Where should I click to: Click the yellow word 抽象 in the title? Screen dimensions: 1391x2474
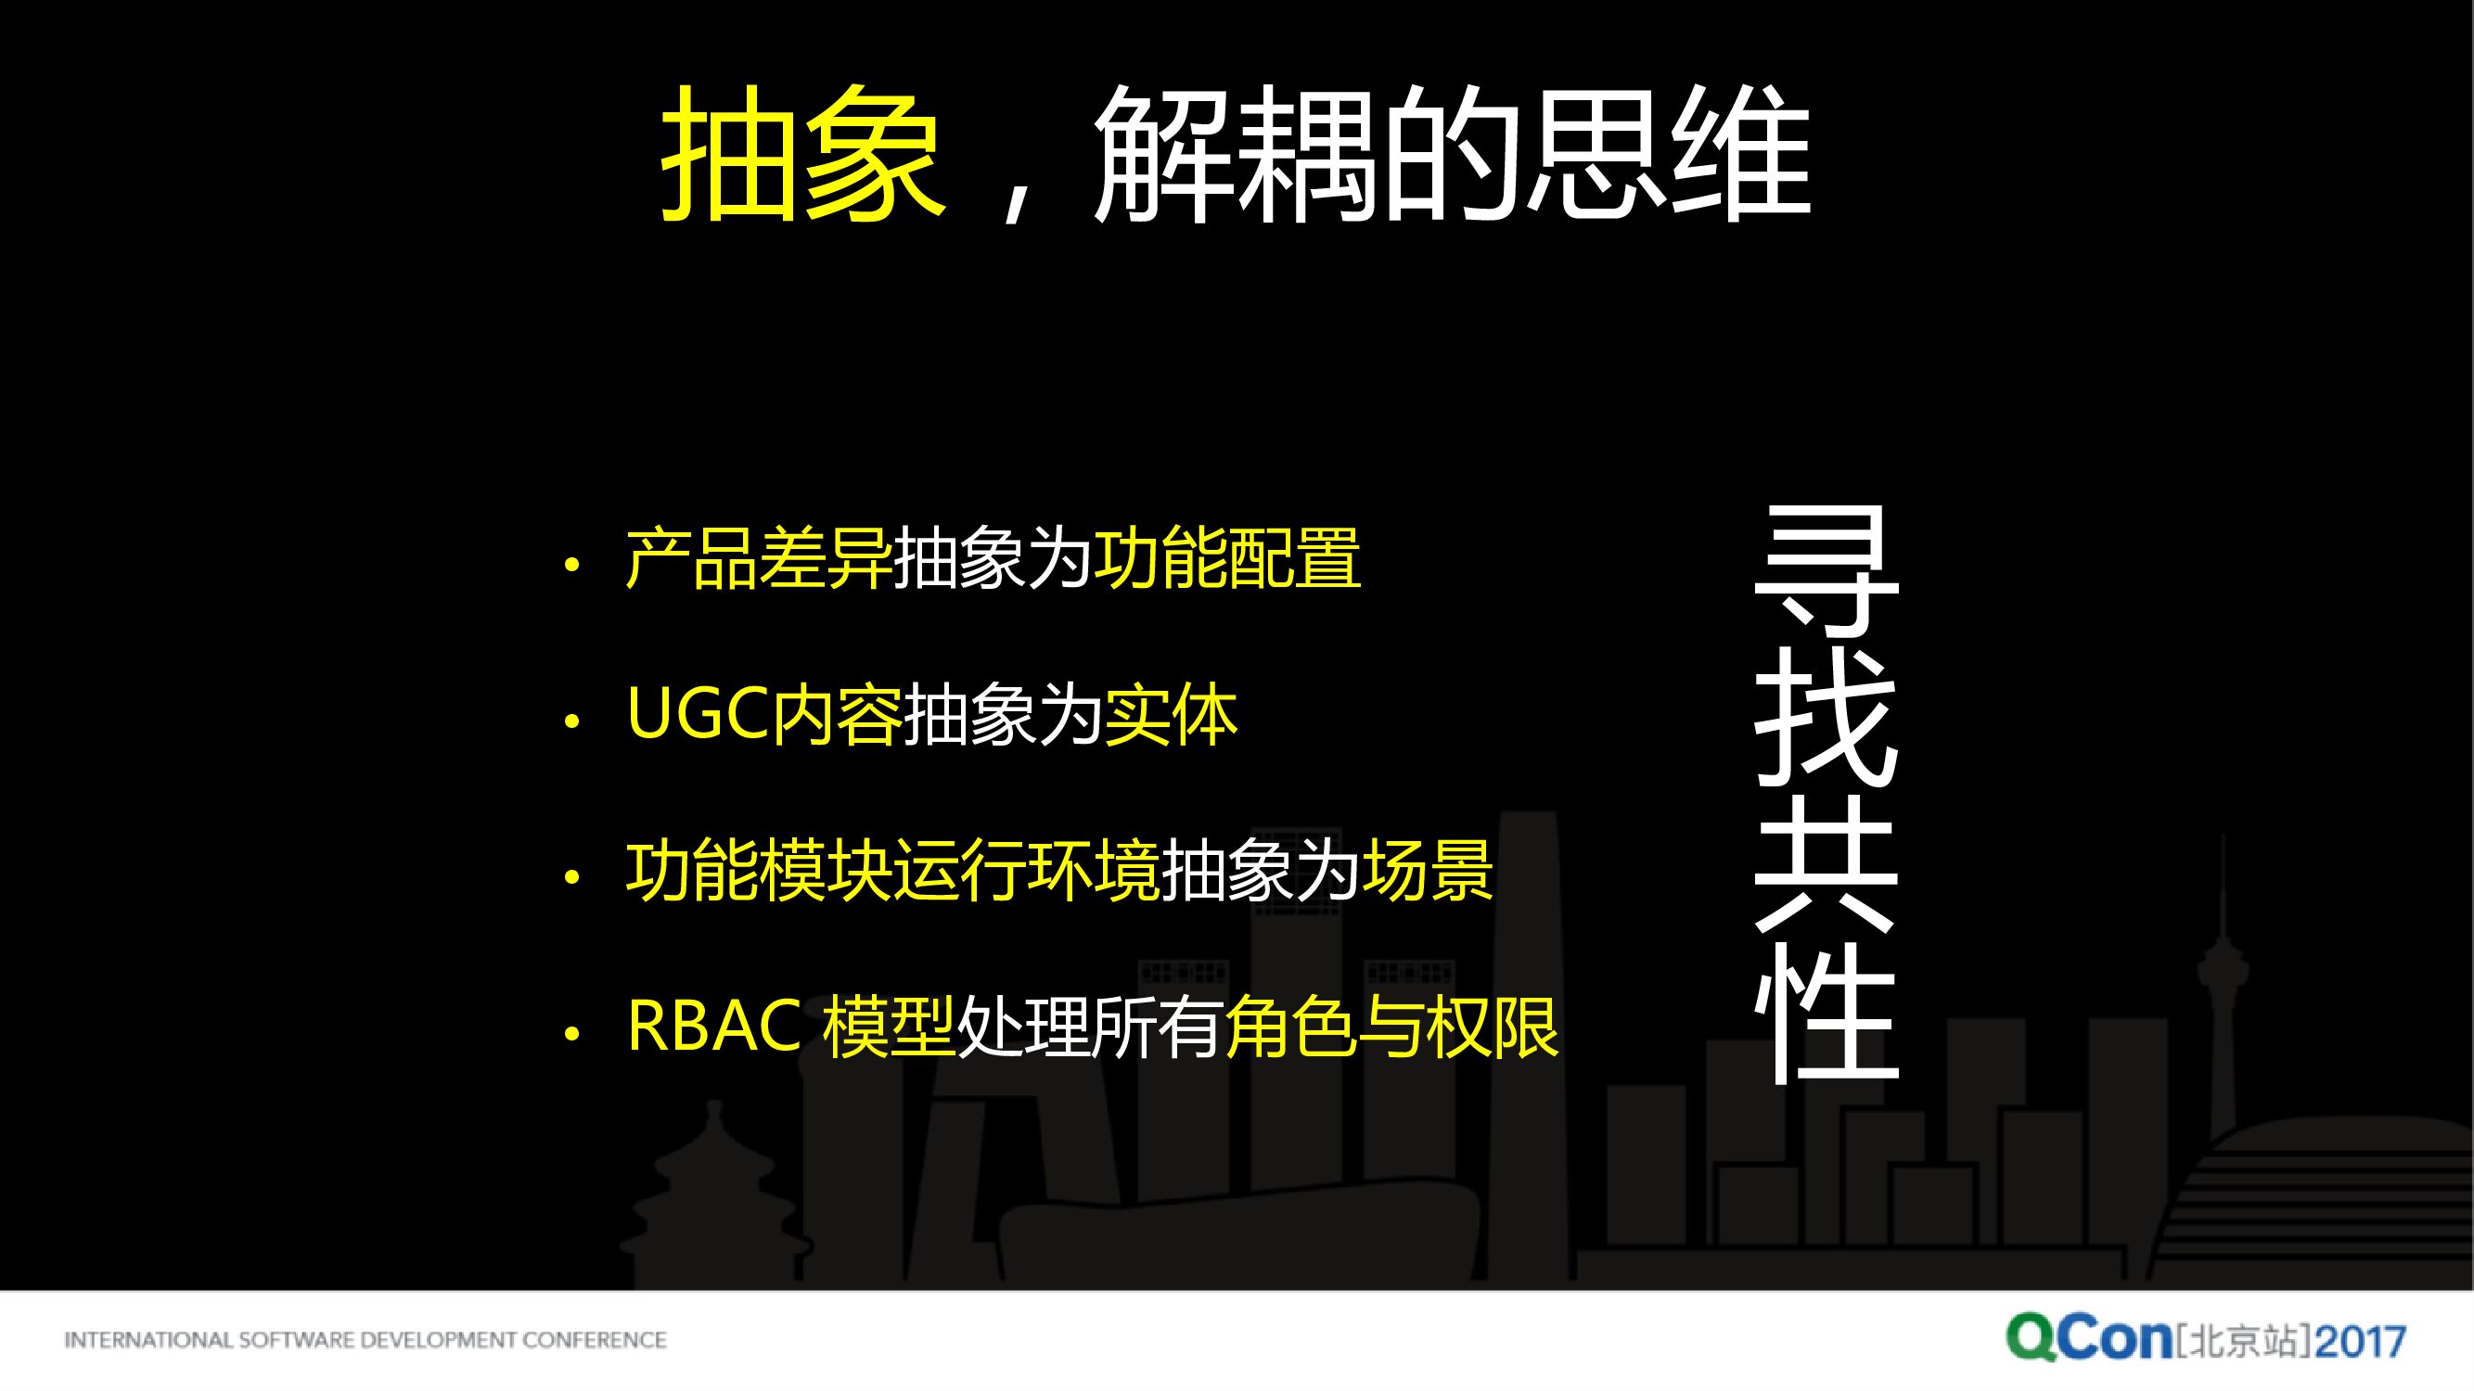(x=801, y=154)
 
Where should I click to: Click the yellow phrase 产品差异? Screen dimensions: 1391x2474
(x=758, y=558)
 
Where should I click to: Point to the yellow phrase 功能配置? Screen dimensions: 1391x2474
(x=1226, y=558)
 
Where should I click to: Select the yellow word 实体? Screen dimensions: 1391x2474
(x=1171, y=714)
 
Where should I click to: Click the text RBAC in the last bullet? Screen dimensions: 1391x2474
(x=713, y=1027)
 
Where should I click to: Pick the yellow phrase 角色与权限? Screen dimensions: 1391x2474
(x=1391, y=1027)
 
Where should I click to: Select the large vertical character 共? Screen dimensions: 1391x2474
(x=1826, y=864)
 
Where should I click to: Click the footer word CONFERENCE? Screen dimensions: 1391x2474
(x=595, y=1340)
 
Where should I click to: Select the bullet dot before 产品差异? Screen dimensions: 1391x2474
(x=572, y=565)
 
